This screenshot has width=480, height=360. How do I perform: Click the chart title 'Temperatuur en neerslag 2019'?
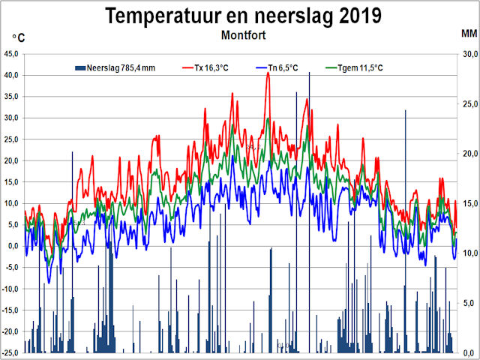242,15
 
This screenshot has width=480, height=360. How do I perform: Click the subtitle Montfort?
241,35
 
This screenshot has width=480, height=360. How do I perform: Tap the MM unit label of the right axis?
469,34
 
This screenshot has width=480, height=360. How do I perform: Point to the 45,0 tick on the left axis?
12,54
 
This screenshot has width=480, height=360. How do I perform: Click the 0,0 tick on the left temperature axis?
13,246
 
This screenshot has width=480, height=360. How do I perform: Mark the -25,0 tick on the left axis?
10,352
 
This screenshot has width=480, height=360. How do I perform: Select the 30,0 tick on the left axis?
12,118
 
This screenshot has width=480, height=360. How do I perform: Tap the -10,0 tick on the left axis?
10,289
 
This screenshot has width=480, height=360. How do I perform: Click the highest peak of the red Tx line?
268,73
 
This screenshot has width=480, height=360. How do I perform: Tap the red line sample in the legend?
190,68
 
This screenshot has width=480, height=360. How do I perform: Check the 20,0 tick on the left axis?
12,160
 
